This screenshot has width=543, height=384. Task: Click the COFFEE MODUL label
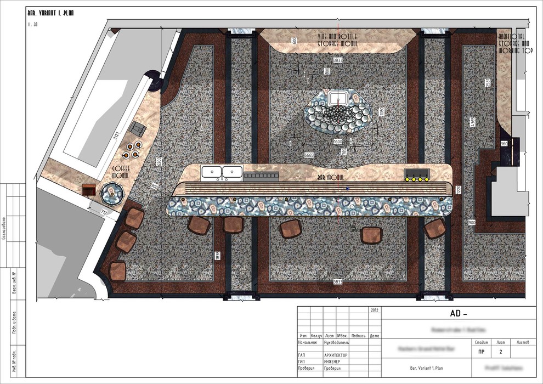[121, 172]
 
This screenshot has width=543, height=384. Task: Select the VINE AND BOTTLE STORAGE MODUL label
[338, 39]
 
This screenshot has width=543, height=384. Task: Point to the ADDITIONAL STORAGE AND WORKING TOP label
[514, 43]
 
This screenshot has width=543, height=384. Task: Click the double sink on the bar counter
[222, 172]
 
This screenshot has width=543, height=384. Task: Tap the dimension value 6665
[309, 155]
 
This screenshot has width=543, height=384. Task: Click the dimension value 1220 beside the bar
[459, 191]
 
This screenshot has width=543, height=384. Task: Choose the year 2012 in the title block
[375, 310]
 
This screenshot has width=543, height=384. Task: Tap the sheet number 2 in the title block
[500, 352]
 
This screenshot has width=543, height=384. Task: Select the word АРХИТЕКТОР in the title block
[336, 355]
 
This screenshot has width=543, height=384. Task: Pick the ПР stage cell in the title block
[481, 352]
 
